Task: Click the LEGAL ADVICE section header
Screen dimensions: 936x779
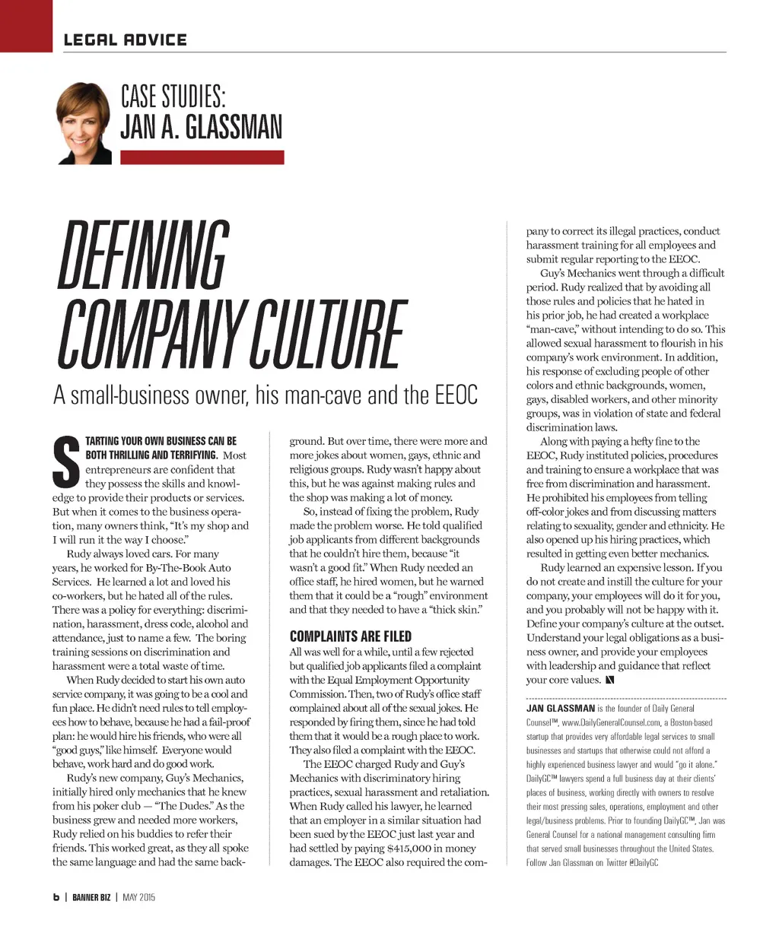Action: point(125,40)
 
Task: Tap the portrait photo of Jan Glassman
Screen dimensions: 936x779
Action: point(84,123)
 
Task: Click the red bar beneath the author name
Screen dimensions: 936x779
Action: point(202,157)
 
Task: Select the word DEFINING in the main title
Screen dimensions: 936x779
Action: point(142,257)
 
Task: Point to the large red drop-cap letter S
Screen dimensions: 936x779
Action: point(67,462)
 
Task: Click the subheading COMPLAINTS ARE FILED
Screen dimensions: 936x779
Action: point(350,636)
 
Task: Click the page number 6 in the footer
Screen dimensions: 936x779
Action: point(56,897)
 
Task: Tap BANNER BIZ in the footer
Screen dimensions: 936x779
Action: point(91,897)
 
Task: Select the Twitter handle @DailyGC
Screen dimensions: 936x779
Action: point(644,863)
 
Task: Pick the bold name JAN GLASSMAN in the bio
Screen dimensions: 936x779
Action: point(561,708)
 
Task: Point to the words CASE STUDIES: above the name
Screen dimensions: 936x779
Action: point(173,97)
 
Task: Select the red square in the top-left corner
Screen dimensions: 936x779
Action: point(26,25)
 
